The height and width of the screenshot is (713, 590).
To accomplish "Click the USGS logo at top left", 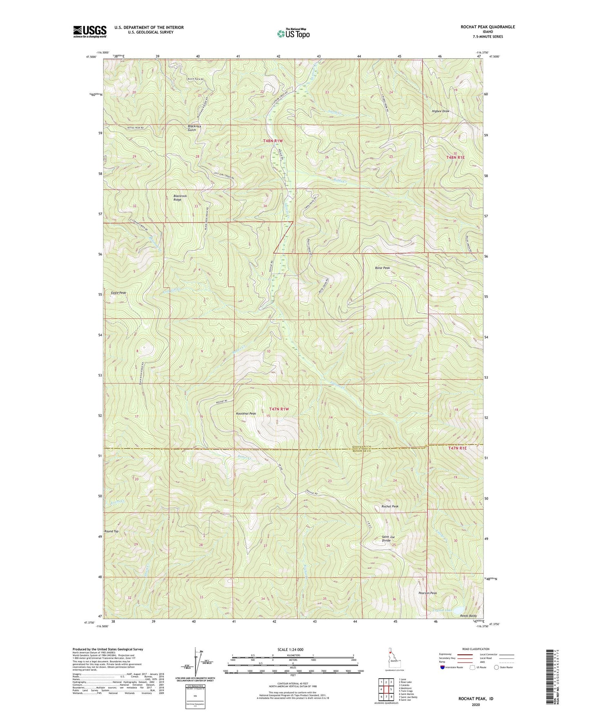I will pos(90,31).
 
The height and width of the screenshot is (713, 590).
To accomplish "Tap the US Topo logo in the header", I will pos(293,33).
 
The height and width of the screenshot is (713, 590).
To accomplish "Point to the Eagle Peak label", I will pos(119,293).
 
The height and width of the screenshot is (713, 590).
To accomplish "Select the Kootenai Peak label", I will pos(246,414).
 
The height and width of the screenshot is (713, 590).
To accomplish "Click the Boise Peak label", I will pos(382,268).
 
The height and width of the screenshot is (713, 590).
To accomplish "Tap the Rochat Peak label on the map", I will pos(390,506).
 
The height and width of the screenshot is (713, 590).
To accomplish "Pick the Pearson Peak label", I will pos(427,593).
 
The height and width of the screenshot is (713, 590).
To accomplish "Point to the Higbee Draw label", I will pos(440,111).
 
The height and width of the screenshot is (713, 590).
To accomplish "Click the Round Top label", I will pos(111,531).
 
